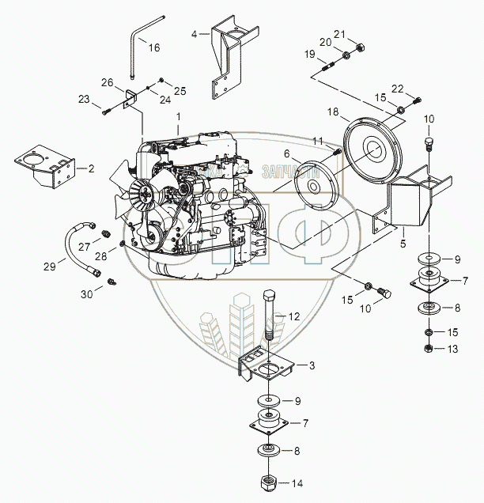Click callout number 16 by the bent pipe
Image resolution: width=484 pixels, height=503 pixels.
[x=154, y=47]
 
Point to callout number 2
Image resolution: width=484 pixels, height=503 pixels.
[x=91, y=168]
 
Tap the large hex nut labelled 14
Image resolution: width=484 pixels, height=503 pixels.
[x=266, y=482]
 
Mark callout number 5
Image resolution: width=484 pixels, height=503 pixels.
[x=403, y=233]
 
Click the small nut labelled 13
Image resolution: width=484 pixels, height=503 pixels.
[x=428, y=349]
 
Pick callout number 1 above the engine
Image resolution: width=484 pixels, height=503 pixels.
[x=179, y=116]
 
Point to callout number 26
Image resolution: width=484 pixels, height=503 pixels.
[x=108, y=82]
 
